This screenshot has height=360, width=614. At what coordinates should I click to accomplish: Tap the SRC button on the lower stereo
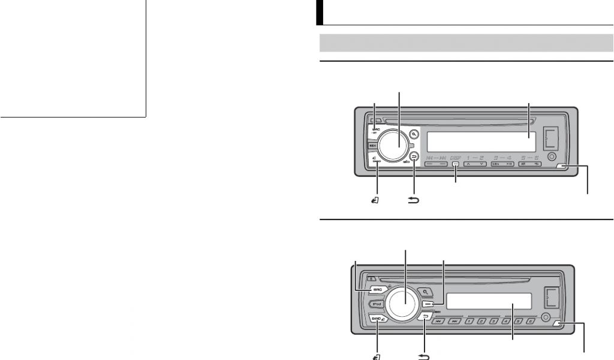click(x=378, y=289)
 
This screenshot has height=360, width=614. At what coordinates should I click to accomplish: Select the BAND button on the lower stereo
click(x=378, y=319)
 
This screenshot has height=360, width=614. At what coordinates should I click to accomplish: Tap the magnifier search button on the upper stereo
click(x=414, y=133)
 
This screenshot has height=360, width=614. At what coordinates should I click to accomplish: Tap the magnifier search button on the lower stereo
click(x=425, y=291)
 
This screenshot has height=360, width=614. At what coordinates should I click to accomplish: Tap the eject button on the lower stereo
click(x=371, y=278)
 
